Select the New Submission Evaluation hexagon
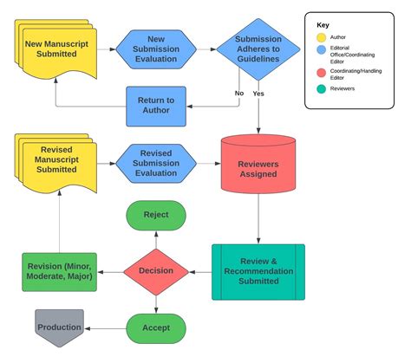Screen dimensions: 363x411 [x=156, y=49]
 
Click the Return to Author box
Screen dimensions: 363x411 [x=156, y=106]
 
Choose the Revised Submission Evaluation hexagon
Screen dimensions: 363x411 [x=156, y=162]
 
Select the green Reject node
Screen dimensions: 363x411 [x=156, y=215]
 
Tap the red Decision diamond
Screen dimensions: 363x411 [x=156, y=271]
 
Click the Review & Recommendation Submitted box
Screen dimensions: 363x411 [x=258, y=271]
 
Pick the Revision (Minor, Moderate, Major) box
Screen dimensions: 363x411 [x=59, y=271]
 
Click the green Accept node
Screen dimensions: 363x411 [x=156, y=327]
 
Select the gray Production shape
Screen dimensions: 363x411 [x=59, y=327]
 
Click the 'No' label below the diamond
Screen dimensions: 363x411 [x=238, y=93]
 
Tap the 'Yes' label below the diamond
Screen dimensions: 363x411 [x=258, y=93]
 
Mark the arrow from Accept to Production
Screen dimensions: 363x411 [x=105, y=327]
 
